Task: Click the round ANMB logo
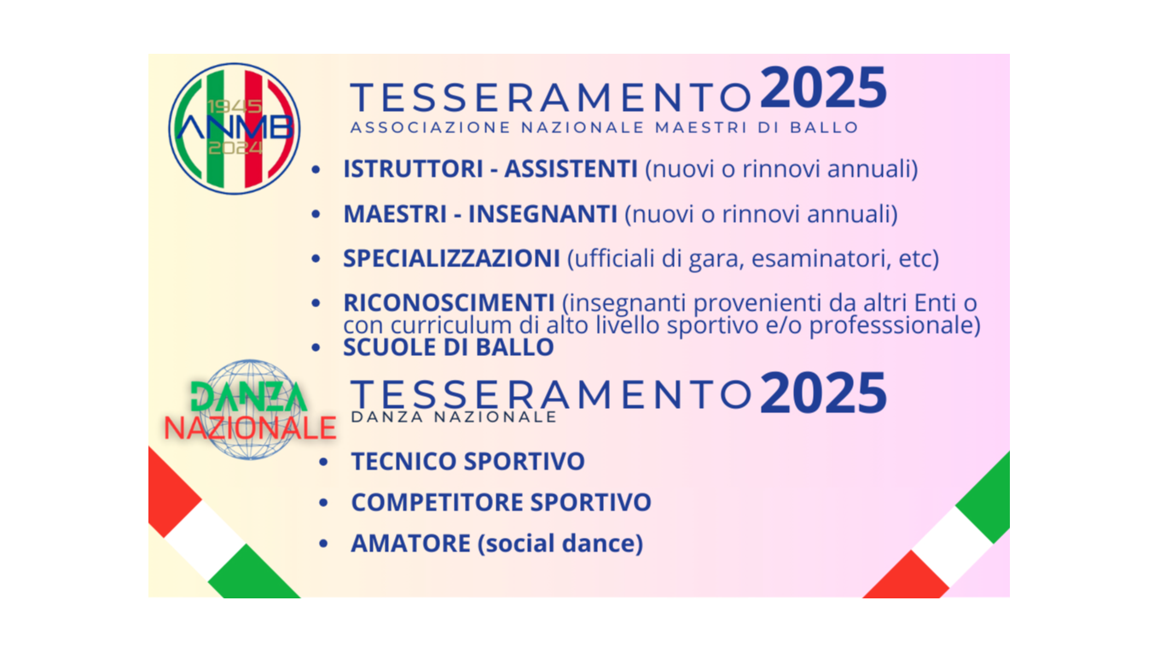click(234, 128)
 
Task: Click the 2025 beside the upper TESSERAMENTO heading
click(823, 89)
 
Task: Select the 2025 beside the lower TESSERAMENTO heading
click(823, 394)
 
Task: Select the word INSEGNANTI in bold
click(542, 214)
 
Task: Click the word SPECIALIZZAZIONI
click(451, 259)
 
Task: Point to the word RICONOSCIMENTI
click(449, 302)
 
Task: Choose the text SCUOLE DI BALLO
click(449, 347)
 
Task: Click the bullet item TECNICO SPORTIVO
click(467, 462)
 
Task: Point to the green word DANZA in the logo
click(248, 397)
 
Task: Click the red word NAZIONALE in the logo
click(250, 428)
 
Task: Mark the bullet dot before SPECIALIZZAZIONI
click(316, 259)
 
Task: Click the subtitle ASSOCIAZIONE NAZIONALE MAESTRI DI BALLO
click(604, 128)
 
